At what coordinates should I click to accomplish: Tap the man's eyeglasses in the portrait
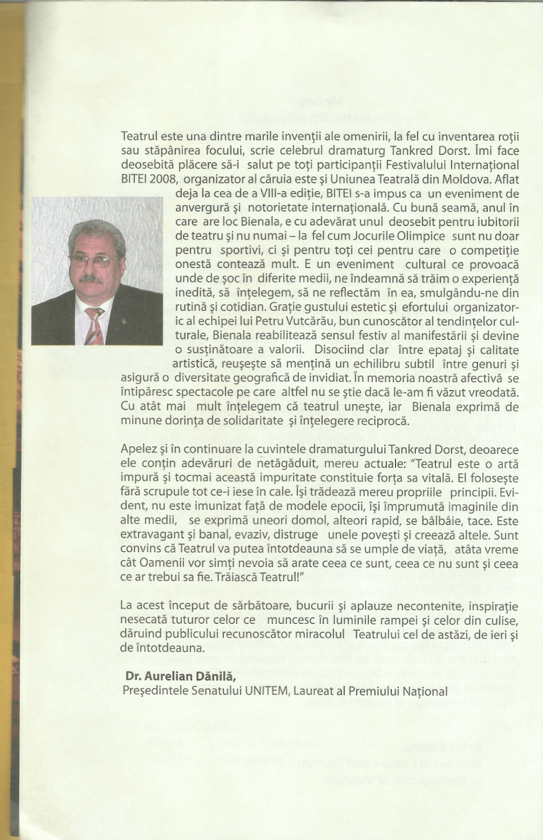[96, 261]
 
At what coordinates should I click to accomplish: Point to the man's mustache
[92, 278]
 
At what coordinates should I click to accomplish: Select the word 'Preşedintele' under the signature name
[151, 690]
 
